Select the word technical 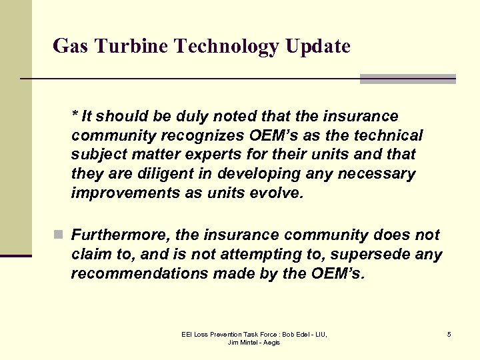point(388,135)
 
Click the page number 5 point(449,333)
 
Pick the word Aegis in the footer point(271,342)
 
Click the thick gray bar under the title point(408,79)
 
